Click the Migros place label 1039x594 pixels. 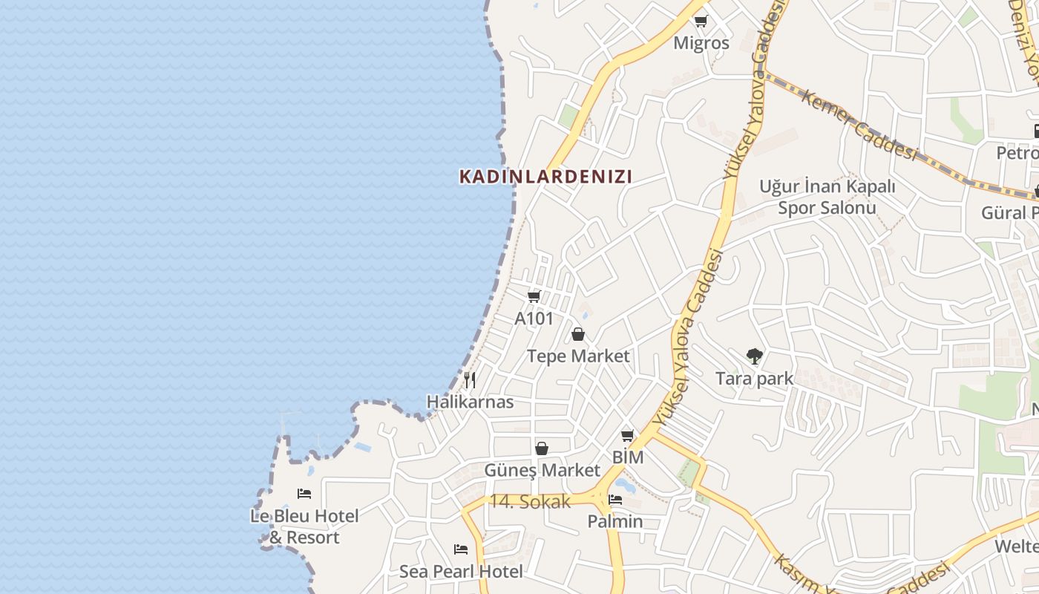tap(701, 43)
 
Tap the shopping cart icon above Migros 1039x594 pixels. tap(701, 21)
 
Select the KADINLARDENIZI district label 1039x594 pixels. tap(545, 177)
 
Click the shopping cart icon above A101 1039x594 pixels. tap(534, 297)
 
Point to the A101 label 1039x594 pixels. tap(534, 319)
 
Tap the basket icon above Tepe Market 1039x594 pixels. tap(578, 334)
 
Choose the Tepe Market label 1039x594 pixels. tap(578, 356)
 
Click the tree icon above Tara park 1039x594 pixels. tap(755, 356)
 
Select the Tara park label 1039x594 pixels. tap(755, 379)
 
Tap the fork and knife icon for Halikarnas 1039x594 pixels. tap(470, 380)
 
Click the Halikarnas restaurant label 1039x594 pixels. tap(470, 402)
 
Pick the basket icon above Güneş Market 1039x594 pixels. tap(542, 448)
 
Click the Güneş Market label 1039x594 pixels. tap(542, 470)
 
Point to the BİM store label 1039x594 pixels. tap(628, 457)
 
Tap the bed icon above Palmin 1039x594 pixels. tap(615, 500)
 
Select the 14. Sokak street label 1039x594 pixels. tap(529, 501)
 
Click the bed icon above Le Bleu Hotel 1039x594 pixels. tap(304, 494)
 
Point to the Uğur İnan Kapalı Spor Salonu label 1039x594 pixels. tap(827, 197)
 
